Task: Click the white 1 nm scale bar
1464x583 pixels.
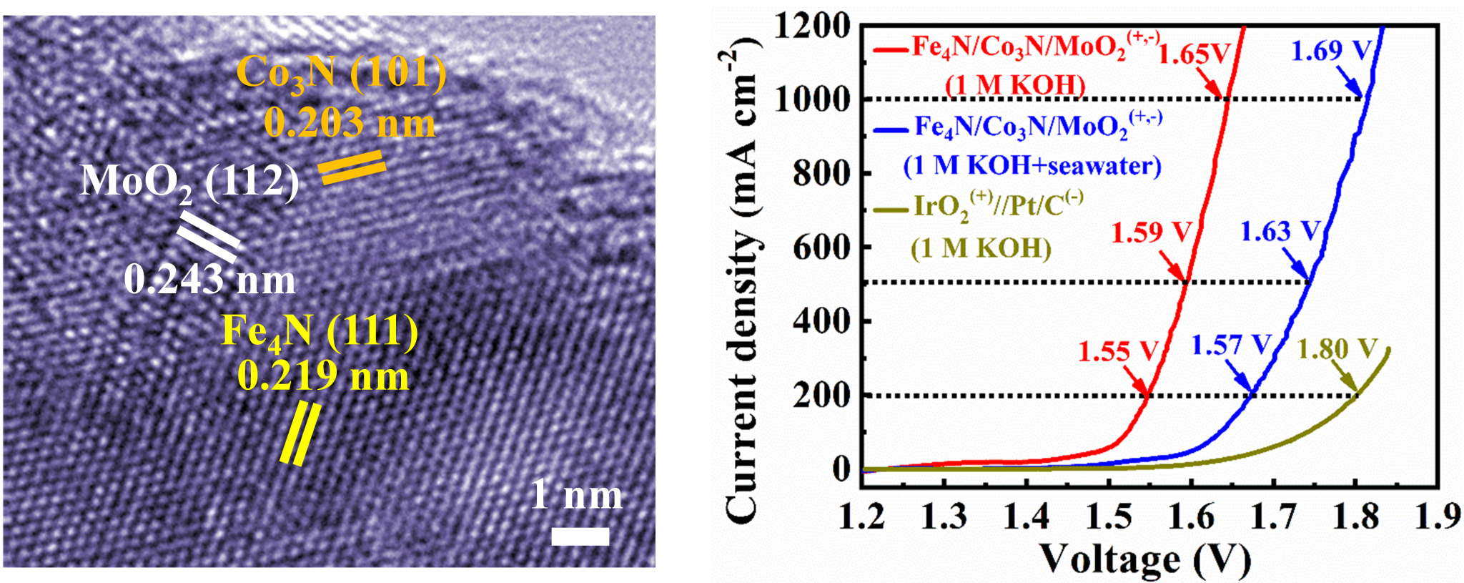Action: (x=580, y=536)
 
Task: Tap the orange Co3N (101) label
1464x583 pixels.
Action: (x=341, y=73)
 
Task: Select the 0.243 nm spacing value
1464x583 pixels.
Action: (x=209, y=279)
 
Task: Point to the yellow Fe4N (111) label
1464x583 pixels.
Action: (x=320, y=332)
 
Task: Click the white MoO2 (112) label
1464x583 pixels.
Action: (x=189, y=182)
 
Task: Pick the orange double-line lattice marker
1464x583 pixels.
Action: (x=351, y=167)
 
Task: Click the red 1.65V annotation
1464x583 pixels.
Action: (x=1195, y=54)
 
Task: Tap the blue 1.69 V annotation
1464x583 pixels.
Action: (x=1331, y=51)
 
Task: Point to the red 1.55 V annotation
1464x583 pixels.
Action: (x=1117, y=351)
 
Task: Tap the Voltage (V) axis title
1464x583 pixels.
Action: (x=1144, y=559)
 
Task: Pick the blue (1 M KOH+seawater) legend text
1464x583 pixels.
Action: (x=1032, y=166)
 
